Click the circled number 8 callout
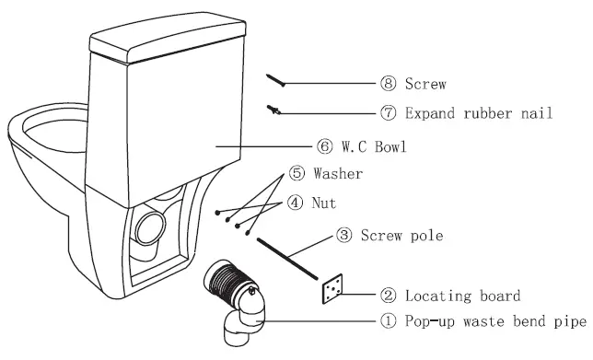pyautogui.click(x=388, y=84)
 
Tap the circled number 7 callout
pyautogui.click(x=388, y=113)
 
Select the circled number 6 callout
pyautogui.click(x=324, y=146)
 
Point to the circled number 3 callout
pyautogui.click(x=343, y=237)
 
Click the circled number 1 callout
pyautogui.click(x=388, y=322)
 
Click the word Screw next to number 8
pyautogui.click(x=426, y=84)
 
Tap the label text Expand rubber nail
pyautogui.click(x=480, y=113)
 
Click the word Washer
pyautogui.click(x=337, y=173)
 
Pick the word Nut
pyautogui.click(x=326, y=203)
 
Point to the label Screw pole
pyautogui.click(x=402, y=237)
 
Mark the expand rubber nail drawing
pyautogui.click(x=275, y=110)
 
